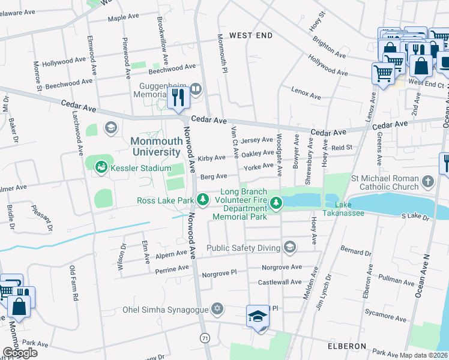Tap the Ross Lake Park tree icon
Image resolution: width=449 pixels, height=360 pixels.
[203, 199]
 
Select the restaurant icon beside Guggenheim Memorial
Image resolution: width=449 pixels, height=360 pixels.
[178, 98]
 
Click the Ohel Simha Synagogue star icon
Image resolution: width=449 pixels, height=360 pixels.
[217, 310]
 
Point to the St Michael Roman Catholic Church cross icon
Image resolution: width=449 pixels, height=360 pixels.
[427, 181]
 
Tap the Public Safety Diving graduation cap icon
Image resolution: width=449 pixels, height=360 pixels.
[290, 247]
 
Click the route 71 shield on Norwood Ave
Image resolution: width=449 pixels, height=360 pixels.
[205, 339]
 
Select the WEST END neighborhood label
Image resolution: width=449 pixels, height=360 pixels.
[250, 35]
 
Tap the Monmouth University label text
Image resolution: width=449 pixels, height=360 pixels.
[155, 146]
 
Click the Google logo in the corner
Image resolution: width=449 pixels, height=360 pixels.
[20, 353]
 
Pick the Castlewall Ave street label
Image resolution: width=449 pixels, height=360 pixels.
[279, 281]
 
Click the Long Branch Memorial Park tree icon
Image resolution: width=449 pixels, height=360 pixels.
[276, 203]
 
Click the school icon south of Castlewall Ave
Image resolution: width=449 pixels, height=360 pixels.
[257, 316]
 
